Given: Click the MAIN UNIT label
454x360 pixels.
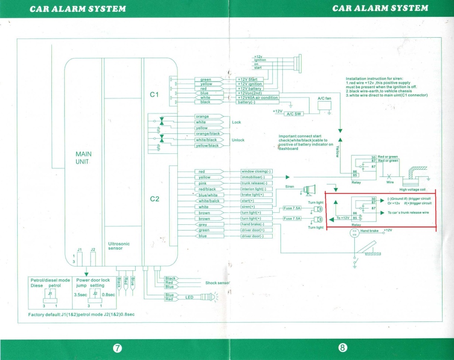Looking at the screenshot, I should (x=83, y=158).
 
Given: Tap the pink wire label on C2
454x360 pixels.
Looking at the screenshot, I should (x=203, y=183).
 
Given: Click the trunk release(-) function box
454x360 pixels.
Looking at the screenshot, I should (x=256, y=183).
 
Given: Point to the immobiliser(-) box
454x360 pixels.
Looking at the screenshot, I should (x=256, y=177).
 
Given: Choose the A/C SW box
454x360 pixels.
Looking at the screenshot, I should (x=294, y=114).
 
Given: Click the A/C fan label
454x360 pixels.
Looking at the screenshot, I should (x=325, y=98).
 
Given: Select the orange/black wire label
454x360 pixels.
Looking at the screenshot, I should (x=208, y=133).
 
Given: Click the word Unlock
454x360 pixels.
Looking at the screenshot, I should (x=238, y=140).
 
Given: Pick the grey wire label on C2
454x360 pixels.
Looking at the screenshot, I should (x=203, y=225).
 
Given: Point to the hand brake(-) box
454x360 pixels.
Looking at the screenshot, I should (x=256, y=224).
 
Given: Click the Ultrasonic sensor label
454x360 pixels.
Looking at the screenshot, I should (x=118, y=246).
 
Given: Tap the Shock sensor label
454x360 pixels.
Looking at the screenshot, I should (x=217, y=283).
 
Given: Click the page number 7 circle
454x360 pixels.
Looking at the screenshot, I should (x=117, y=348).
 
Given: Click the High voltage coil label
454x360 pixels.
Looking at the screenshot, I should (x=412, y=190).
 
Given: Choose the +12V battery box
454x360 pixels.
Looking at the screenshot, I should (x=250, y=89).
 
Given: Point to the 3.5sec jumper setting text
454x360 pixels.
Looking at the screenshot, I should (x=80, y=294).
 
